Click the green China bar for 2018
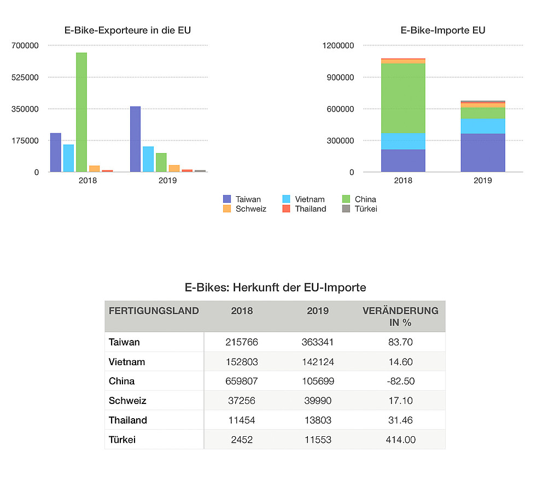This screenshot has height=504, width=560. point(81,112)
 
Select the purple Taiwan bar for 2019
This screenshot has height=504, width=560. point(135,139)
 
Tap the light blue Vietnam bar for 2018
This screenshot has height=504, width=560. point(68,158)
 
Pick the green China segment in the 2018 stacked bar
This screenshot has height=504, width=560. point(403,98)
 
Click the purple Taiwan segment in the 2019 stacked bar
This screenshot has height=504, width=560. point(482,153)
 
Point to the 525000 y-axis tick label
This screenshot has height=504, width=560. point(26,77)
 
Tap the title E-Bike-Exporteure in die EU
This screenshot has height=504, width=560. point(127,30)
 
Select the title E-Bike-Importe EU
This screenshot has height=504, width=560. point(443,30)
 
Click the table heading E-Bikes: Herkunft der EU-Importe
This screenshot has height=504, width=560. point(275,288)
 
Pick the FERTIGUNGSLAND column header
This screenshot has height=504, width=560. point(154,311)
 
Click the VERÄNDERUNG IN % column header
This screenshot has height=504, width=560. point(400,317)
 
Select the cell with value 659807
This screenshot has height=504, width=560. point(242,381)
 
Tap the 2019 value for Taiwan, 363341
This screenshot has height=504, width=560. point(318,342)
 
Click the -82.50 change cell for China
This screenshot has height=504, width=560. point(400,381)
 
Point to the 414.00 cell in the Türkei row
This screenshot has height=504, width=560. point(400,439)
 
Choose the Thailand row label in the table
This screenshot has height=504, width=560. point(128,420)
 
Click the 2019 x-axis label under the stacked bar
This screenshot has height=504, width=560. point(482,180)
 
